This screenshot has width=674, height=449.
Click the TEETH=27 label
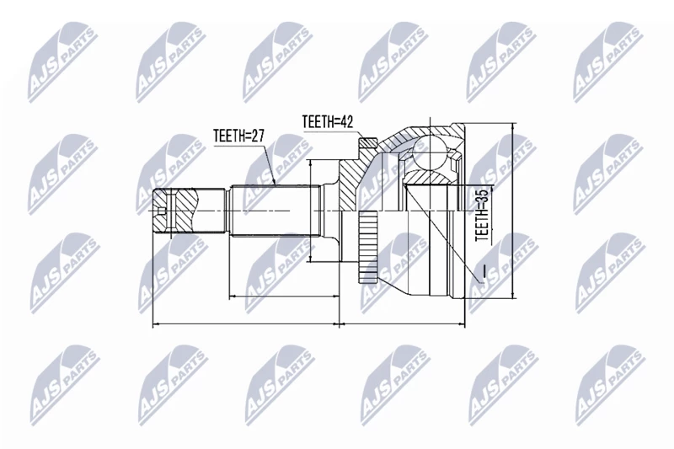click(238, 136)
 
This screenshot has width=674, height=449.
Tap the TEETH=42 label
click(328, 121)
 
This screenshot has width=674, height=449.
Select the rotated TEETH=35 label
click(482, 215)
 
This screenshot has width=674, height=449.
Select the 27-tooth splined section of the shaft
click(275, 211)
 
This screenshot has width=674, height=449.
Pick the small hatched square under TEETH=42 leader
click(368, 142)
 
